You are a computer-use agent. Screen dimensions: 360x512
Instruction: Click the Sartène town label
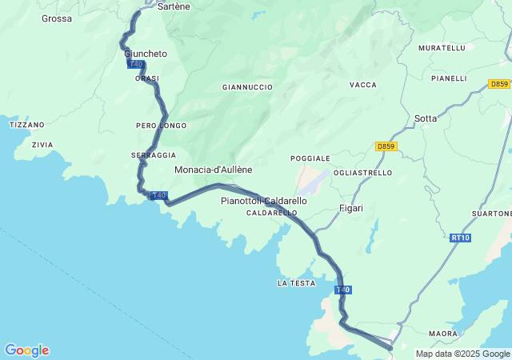174,6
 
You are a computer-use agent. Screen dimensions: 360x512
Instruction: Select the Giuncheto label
146,54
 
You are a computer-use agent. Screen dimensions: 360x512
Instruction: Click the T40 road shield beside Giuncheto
135,64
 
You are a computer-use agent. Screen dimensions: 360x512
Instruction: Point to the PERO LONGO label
161,126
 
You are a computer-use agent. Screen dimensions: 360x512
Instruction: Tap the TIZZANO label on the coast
26,125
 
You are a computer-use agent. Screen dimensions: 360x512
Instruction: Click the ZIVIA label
42,145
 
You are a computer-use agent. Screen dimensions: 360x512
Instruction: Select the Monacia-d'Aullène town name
213,170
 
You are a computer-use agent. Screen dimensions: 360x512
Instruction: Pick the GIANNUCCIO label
247,86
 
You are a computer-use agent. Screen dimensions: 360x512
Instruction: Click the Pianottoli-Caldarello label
263,201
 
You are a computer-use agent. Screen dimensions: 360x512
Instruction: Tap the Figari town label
351,208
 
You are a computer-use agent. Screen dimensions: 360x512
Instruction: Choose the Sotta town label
426,118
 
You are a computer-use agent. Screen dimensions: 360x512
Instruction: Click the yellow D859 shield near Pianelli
498,83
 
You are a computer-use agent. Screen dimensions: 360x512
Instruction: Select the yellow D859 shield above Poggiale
386,146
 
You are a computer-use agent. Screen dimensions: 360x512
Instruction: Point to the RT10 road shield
460,238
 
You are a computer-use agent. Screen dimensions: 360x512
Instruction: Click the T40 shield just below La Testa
342,289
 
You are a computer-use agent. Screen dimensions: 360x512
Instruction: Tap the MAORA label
442,333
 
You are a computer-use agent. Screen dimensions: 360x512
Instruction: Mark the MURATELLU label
442,48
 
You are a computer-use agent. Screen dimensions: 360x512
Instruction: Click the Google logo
26,350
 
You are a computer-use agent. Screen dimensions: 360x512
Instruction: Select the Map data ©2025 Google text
462,354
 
